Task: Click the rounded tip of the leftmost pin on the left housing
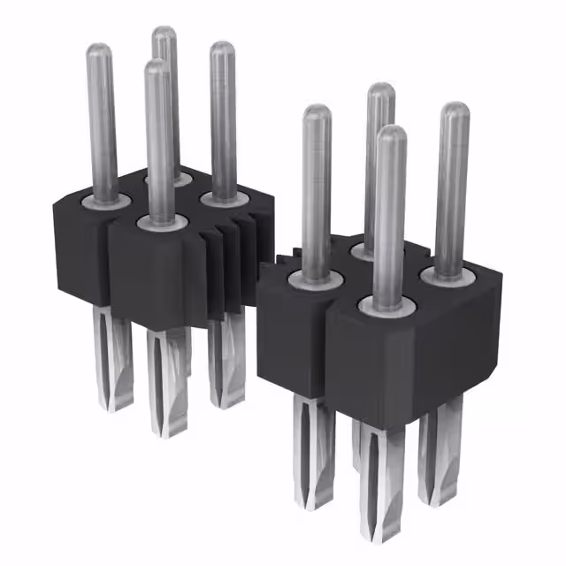pyautogui.click(x=99, y=51)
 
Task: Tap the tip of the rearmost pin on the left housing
pyautogui.click(x=163, y=34)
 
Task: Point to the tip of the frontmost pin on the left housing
pyautogui.click(x=157, y=66)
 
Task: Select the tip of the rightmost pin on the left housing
pyautogui.click(x=221, y=49)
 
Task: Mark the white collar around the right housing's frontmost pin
pyautogui.click(x=387, y=305)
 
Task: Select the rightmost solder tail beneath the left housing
pyautogui.click(x=226, y=367)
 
